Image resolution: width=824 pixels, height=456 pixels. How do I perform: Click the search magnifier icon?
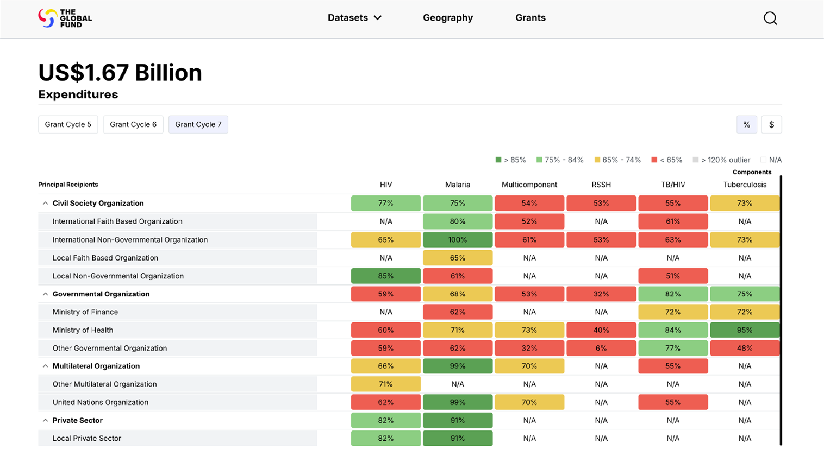(x=770, y=18)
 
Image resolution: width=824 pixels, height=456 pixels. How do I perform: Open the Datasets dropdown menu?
(x=354, y=17)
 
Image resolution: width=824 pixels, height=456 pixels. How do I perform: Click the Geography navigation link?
(x=448, y=17)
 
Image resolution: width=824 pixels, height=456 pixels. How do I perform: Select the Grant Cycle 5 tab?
(x=68, y=124)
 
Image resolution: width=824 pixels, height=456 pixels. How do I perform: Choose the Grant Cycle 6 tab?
(x=133, y=124)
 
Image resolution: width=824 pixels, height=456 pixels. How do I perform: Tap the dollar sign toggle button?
(x=771, y=124)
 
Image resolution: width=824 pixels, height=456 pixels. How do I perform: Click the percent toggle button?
(x=746, y=124)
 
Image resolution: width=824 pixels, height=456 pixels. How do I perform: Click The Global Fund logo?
(x=65, y=18)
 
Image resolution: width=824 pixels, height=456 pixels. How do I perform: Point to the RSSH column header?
(x=601, y=185)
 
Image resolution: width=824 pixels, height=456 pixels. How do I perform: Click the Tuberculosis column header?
(x=745, y=185)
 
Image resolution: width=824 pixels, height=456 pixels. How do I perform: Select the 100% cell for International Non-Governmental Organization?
(x=458, y=239)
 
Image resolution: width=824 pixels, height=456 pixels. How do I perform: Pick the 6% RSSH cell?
(x=601, y=348)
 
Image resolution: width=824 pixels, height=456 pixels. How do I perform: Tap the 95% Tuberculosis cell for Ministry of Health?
(x=745, y=330)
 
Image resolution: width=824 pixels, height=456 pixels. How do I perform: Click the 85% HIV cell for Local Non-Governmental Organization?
(x=386, y=276)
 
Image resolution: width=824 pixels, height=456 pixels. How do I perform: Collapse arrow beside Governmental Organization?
(x=45, y=294)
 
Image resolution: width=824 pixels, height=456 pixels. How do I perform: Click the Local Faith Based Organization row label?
(x=105, y=258)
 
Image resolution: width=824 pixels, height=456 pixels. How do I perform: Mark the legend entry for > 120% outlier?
(x=721, y=160)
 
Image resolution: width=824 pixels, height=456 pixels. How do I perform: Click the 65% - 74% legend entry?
(x=617, y=160)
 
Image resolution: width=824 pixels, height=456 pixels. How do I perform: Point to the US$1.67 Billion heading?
(x=120, y=72)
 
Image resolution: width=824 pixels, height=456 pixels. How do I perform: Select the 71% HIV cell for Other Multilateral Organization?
(x=386, y=384)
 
